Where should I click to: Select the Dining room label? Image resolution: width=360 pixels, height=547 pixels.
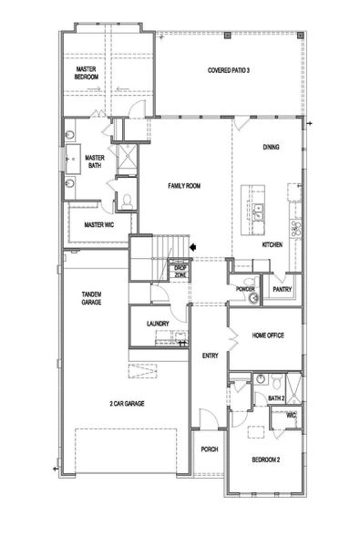pos(271,147)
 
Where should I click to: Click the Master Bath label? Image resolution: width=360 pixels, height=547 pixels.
pos(96,161)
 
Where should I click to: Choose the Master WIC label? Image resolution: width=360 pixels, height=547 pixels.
pos(98,224)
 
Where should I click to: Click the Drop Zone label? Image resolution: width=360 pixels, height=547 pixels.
pos(180,271)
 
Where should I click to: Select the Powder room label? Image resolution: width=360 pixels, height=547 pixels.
pos(243,288)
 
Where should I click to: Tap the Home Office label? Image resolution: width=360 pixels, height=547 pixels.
pos(269,335)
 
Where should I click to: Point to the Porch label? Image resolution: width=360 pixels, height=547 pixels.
pos(209,448)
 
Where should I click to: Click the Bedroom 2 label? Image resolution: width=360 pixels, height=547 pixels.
pos(265,459)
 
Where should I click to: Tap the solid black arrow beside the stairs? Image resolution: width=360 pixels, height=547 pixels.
pos(192,245)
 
